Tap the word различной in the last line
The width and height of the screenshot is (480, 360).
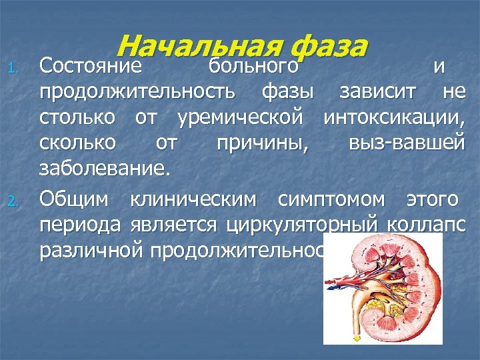[x=92, y=250]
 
